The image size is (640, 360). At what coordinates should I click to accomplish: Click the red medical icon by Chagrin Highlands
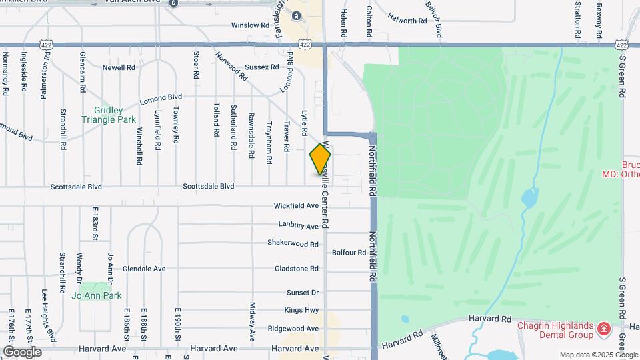point(603,328)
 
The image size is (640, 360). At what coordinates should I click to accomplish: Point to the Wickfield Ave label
point(297,206)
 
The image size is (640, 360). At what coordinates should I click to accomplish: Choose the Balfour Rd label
point(349,253)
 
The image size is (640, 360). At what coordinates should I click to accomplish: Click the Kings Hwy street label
point(301,310)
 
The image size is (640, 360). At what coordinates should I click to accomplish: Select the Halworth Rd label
point(407,21)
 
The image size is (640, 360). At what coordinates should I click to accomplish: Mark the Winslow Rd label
point(249,25)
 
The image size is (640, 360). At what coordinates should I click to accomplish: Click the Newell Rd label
point(119,67)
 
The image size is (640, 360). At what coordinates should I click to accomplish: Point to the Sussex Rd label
point(261,67)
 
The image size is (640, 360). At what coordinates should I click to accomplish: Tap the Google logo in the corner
point(22,351)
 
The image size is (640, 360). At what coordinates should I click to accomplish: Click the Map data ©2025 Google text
point(598,355)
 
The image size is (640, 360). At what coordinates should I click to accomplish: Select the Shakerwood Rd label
point(293,244)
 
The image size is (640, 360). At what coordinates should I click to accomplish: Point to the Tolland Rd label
point(216,119)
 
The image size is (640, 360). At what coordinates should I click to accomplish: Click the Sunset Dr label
point(303,293)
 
